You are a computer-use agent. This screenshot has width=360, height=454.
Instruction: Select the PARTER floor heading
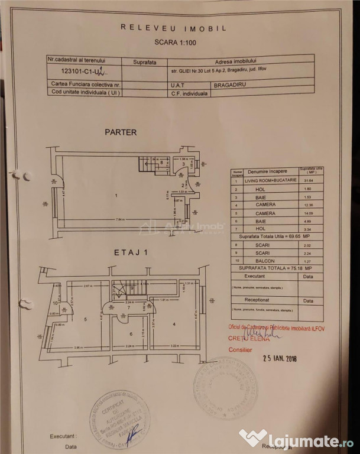(x=121, y=132)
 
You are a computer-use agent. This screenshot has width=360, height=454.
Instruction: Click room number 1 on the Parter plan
(x=116, y=196)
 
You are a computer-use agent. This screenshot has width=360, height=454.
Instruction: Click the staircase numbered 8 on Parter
(x=161, y=161)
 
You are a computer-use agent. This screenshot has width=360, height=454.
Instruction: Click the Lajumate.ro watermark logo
(x=297, y=439)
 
